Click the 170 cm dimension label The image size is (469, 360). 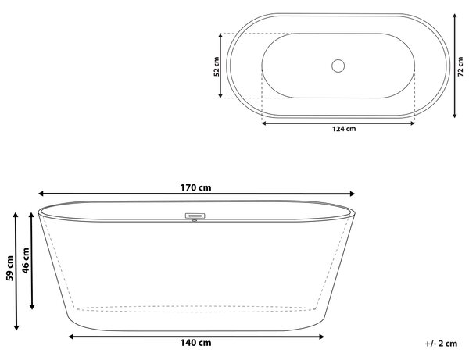[x=195, y=187]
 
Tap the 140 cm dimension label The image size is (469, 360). [x=195, y=343]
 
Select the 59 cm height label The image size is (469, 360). [x=10, y=268]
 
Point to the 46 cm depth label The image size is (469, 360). [x=26, y=260]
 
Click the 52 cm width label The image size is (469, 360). [x=217, y=66]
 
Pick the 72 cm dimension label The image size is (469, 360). [x=460, y=66]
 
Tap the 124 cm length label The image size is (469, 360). [x=344, y=129]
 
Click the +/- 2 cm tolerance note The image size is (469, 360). [x=441, y=344]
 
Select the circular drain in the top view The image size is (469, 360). [x=338, y=66]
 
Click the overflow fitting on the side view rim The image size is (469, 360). [x=195, y=216]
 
